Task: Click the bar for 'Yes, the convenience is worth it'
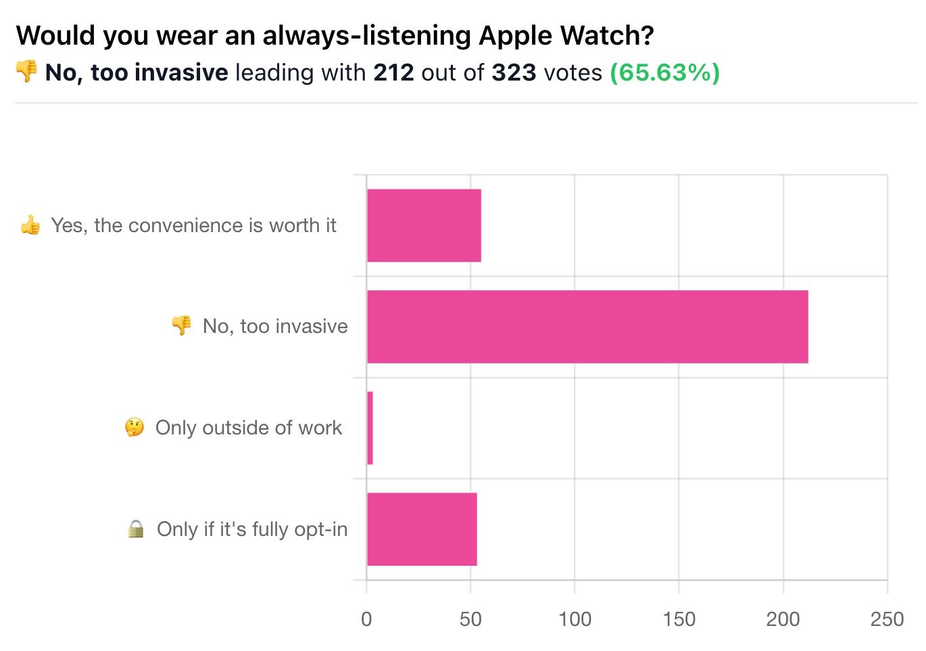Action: tap(424, 225)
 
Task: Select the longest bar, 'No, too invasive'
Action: tap(587, 327)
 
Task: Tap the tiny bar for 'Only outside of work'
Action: tap(370, 428)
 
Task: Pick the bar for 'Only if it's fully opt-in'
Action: tap(422, 529)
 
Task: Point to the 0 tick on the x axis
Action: tap(366, 620)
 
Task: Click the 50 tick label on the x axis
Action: tap(470, 620)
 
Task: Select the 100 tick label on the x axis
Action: tap(575, 620)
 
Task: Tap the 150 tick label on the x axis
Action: tap(679, 620)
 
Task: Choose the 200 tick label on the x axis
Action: tap(783, 620)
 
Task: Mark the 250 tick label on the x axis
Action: tap(887, 620)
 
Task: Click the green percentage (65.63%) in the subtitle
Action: tap(664, 73)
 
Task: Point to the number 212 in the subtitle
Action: tap(393, 73)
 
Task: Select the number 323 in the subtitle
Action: tap(514, 73)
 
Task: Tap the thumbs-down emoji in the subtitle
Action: tap(26, 71)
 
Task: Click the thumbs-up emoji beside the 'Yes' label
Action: tap(30, 225)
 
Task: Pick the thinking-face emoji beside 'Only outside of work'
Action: tap(135, 427)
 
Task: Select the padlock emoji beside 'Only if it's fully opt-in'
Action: tap(136, 529)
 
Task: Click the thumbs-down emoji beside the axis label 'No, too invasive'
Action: tap(181, 325)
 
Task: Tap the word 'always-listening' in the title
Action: tap(366, 37)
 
